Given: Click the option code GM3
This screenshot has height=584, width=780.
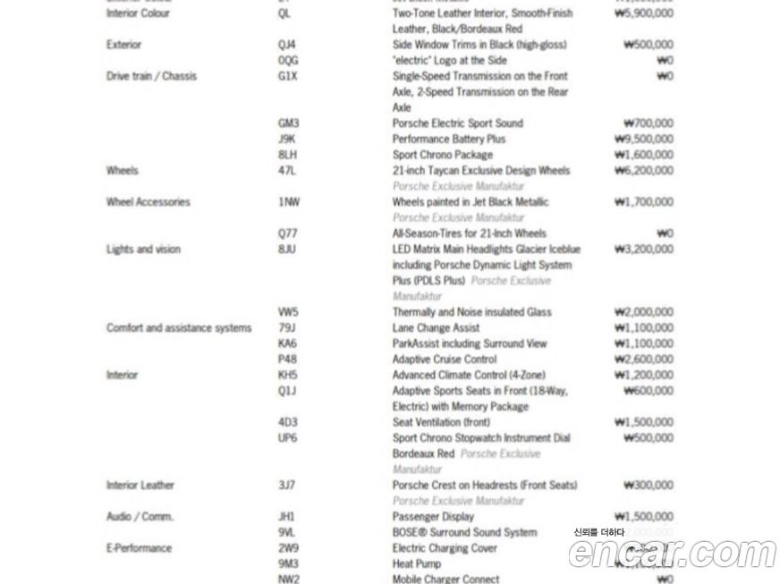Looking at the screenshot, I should pos(288,123).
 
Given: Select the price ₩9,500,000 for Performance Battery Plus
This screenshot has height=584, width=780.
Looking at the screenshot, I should pos(644,140).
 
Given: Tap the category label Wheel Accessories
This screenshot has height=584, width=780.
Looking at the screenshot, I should pos(148,202).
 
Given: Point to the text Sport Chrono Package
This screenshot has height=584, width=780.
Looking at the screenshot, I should pos(442,155).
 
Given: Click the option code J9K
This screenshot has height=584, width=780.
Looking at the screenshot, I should pos(287,140).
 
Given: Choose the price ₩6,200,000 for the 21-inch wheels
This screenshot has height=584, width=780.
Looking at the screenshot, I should pos(644,171).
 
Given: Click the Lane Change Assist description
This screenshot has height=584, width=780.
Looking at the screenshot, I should pos(436,328).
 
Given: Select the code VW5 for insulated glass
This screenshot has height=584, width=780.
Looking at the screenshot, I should pos(288,312).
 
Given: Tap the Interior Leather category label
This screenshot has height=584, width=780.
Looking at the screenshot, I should pos(140,486).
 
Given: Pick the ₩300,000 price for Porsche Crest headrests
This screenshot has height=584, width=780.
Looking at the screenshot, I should pos(649,486).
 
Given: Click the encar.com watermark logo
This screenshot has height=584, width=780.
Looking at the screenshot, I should pos(672,554).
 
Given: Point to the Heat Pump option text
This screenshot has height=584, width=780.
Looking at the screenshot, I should pos(416,563).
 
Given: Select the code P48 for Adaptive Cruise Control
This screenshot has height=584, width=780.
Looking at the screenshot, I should pos(287,360).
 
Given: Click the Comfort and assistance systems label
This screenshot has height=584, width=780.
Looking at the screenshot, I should pos(179,328).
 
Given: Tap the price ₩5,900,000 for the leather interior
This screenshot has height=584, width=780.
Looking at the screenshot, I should pos(644,13).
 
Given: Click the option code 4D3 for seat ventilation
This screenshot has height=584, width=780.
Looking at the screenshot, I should pos(287,422).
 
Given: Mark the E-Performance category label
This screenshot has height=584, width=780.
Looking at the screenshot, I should pos(139,548).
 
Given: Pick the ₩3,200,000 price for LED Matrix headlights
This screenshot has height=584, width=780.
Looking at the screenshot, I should pos(644,250).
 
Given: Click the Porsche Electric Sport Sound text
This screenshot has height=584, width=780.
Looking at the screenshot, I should pos(457,123).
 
